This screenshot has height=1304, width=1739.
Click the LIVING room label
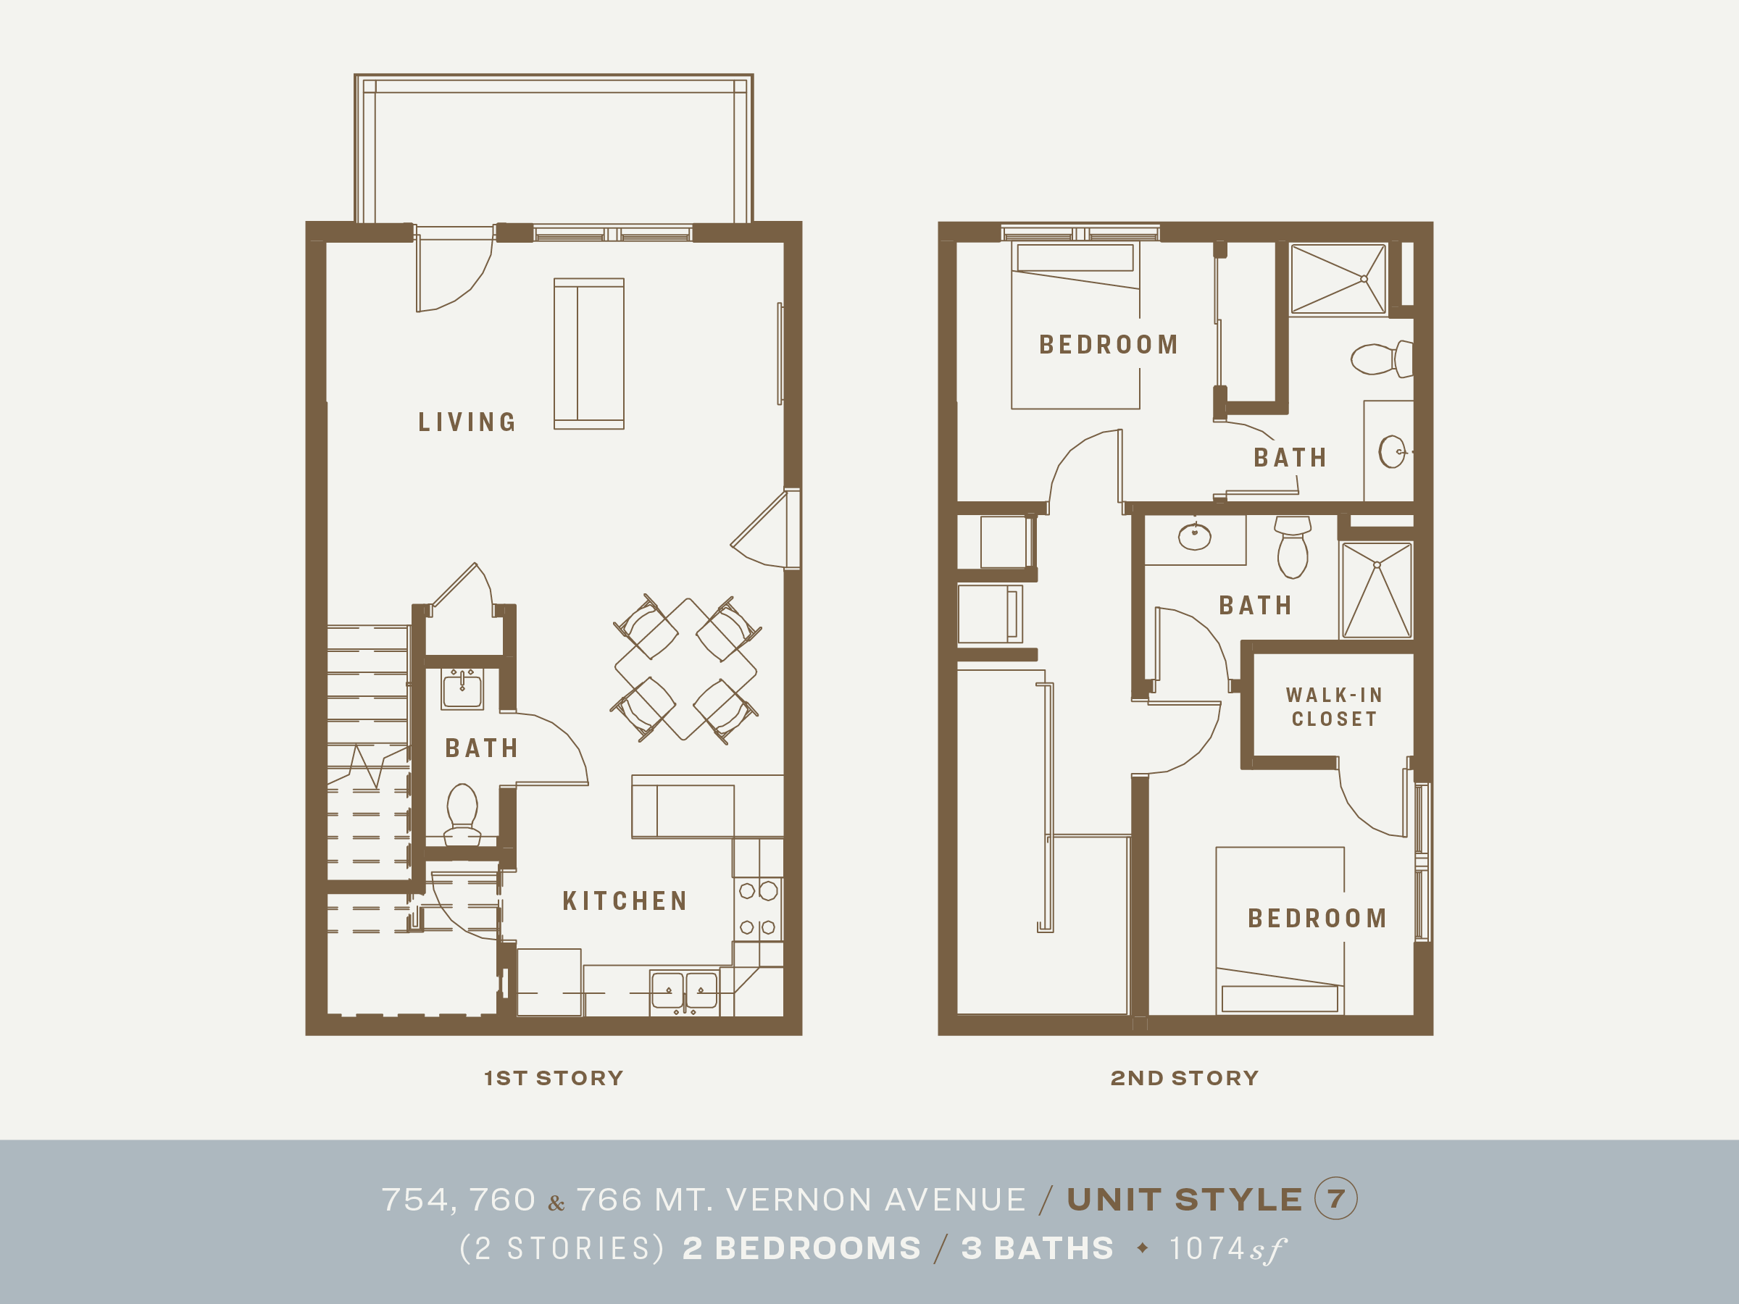467,422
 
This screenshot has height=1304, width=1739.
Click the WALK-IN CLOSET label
1334,706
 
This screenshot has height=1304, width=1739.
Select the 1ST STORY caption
554,1078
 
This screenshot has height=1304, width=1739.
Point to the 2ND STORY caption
1184,1078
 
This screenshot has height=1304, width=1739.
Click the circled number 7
1335,1199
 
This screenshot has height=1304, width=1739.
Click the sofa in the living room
589,354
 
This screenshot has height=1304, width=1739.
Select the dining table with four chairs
685,669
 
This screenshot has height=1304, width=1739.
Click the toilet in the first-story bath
462,812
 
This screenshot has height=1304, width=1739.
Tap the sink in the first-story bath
462,690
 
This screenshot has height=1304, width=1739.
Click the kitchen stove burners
758,908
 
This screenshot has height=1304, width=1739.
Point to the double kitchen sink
684,990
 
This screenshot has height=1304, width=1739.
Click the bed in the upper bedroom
1075,325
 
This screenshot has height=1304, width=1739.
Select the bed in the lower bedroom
1279,931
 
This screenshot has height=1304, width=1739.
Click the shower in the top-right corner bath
1338,279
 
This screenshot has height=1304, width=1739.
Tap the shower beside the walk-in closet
1377,590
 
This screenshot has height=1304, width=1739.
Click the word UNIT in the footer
1113,1200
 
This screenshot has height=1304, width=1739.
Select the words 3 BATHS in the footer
1037,1248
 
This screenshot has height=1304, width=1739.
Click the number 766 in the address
609,1200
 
